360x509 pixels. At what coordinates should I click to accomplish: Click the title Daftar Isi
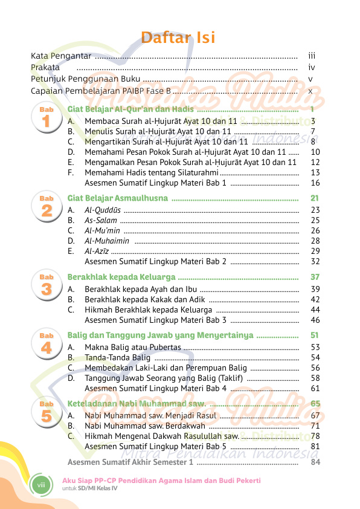[178, 38]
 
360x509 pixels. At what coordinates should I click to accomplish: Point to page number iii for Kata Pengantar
[312, 56]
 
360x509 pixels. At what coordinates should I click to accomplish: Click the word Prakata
[45, 67]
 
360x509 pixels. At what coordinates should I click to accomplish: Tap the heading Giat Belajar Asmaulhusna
[118, 198]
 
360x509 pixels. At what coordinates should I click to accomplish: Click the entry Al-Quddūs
[102, 210]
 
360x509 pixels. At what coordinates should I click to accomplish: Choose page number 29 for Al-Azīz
[315, 251]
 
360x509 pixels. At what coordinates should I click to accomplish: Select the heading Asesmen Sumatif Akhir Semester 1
[130, 462]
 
